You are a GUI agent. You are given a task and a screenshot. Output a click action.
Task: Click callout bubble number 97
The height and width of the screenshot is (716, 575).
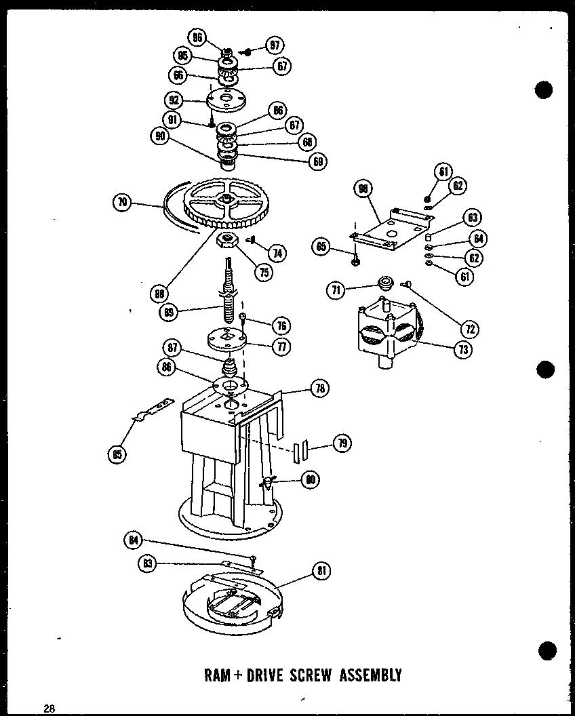(274, 47)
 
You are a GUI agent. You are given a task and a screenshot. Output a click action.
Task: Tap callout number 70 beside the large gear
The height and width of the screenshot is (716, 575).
(123, 202)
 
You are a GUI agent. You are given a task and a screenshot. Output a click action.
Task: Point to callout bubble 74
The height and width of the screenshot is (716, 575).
(276, 252)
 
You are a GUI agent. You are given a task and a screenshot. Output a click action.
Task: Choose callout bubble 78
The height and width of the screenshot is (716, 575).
(319, 389)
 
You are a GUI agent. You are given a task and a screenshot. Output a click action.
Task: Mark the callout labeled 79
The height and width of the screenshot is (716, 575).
(343, 443)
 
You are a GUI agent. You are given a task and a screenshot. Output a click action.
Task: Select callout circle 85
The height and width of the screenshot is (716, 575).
(116, 454)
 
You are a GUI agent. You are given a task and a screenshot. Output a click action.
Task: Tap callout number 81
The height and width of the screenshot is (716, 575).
(321, 571)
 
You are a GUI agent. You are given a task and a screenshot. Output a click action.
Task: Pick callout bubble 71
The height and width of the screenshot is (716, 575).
(334, 290)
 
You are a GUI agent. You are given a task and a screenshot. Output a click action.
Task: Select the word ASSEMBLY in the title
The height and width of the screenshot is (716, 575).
(372, 675)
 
